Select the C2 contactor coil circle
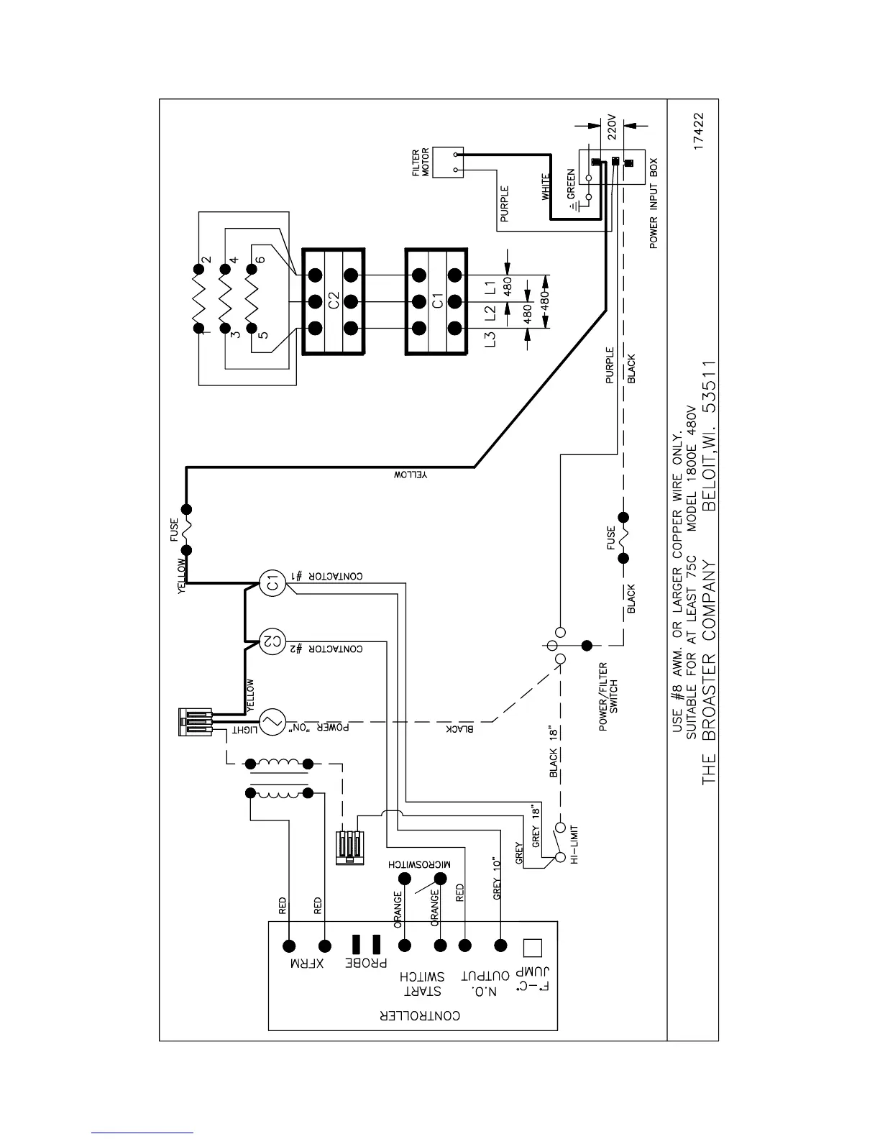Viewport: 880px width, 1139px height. point(271,639)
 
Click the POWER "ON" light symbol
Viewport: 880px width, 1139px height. point(271,723)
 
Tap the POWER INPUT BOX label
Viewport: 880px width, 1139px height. point(654,204)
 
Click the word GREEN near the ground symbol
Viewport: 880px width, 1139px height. point(571,184)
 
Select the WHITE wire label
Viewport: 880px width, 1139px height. point(546,187)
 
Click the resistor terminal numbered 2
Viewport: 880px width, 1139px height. point(197,270)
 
